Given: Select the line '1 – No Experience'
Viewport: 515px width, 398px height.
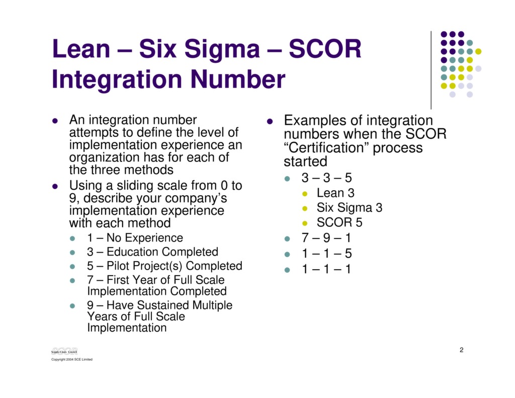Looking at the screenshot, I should pyautogui.click(x=135, y=238).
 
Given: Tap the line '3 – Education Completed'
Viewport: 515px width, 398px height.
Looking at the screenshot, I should pyautogui.click(x=152, y=252).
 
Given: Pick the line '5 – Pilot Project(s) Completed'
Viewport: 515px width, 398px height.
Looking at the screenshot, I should pyautogui.click(x=164, y=266).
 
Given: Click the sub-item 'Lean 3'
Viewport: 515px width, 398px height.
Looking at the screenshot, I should pyautogui.click(x=335, y=193).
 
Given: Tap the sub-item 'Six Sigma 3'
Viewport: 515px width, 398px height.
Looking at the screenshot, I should pyautogui.click(x=349, y=208).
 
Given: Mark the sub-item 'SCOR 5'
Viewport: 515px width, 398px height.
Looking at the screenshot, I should pyautogui.click(x=339, y=222).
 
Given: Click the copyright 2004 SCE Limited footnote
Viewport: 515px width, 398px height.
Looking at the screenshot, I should pyautogui.click(x=72, y=359).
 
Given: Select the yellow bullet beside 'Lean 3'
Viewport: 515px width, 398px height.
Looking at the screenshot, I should pyautogui.click(x=305, y=194).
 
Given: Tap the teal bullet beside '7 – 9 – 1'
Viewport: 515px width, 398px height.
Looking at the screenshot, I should pyautogui.click(x=288, y=238).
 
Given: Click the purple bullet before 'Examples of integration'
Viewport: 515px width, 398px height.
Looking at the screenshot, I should pyautogui.click(x=270, y=122).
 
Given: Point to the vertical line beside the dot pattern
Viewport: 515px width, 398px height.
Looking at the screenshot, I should pyautogui.click(x=431, y=70).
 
